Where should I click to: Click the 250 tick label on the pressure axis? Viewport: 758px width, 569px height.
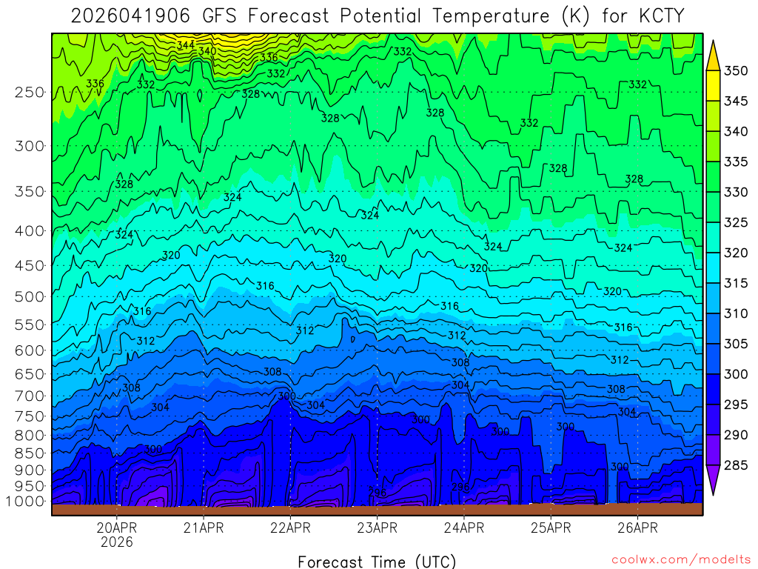click(29, 93)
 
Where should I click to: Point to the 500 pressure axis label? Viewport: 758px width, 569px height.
click(29, 296)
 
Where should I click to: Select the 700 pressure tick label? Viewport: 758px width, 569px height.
click(29, 395)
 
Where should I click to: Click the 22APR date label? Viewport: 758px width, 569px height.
click(290, 528)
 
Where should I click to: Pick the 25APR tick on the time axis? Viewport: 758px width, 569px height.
click(551, 528)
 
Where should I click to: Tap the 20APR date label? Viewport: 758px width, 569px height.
click(117, 528)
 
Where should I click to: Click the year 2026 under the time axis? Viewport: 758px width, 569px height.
click(117, 542)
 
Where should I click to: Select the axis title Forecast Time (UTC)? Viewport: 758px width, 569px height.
click(377, 561)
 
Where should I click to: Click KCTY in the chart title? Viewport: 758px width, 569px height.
click(657, 15)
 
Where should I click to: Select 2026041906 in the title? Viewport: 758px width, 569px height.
click(127, 15)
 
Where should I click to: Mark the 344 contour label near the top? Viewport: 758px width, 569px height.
click(185, 45)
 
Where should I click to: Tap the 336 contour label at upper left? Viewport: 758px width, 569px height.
click(95, 83)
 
